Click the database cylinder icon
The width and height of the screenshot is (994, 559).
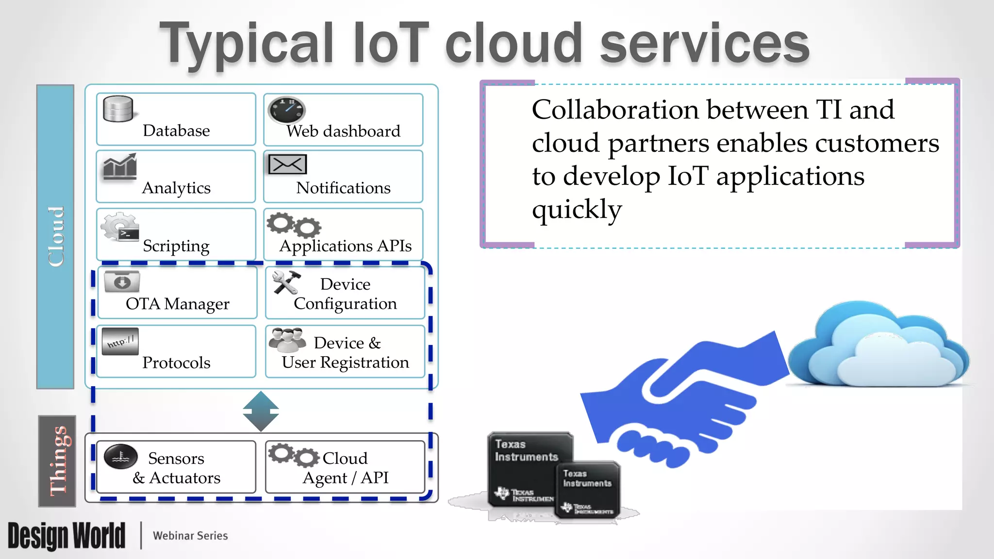click(x=118, y=109)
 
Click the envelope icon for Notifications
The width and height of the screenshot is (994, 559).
click(x=287, y=164)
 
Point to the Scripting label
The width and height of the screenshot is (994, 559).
click(x=176, y=246)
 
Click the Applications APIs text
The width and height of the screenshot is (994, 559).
click(x=345, y=246)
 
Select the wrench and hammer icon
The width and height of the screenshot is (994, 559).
click(x=286, y=282)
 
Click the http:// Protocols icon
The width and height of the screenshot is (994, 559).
click(x=120, y=342)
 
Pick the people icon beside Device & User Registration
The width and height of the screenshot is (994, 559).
click(x=287, y=340)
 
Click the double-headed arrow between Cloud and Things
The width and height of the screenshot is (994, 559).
click(x=261, y=411)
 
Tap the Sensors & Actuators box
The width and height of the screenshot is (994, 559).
click(x=176, y=467)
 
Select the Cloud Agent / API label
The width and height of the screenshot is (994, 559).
click(x=345, y=468)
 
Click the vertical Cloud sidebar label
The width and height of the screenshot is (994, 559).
click(x=56, y=237)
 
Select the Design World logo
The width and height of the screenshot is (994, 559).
click(x=66, y=536)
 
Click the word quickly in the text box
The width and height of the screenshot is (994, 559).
click(x=577, y=209)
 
